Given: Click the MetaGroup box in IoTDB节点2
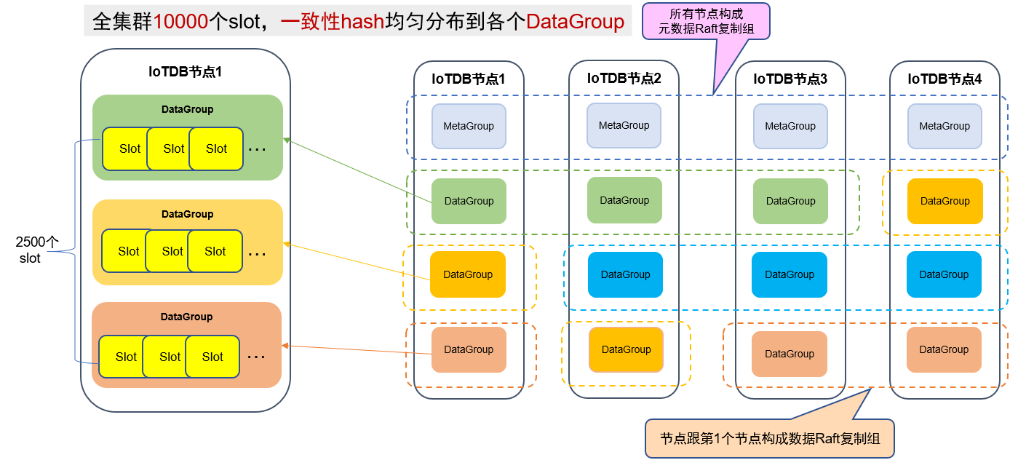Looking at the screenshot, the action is point(624,125).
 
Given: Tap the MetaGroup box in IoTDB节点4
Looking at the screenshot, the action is point(945,126).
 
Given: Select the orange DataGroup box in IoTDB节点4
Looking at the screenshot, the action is point(945,201).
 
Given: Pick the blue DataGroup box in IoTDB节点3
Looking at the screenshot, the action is point(790,274).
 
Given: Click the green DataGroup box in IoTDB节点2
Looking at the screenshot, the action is point(624,200).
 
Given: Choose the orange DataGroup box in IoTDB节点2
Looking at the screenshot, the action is point(626,349).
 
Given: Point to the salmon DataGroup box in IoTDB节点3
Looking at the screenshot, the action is point(790,354).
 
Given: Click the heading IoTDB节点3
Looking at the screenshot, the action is point(790,79).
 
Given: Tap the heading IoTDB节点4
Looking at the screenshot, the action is point(945,79).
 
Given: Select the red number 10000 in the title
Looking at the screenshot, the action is point(180,21).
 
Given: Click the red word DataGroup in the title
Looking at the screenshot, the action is point(575,21).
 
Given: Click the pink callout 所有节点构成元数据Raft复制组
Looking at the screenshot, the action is point(706,21).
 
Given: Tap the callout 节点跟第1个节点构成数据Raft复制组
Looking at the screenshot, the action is point(769,438).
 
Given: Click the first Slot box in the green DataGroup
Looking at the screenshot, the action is point(127,148).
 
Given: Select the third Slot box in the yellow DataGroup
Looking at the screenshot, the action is point(215,251).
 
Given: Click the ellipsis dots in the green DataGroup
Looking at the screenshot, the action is point(257,149).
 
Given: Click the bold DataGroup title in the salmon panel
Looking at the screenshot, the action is point(186,317).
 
